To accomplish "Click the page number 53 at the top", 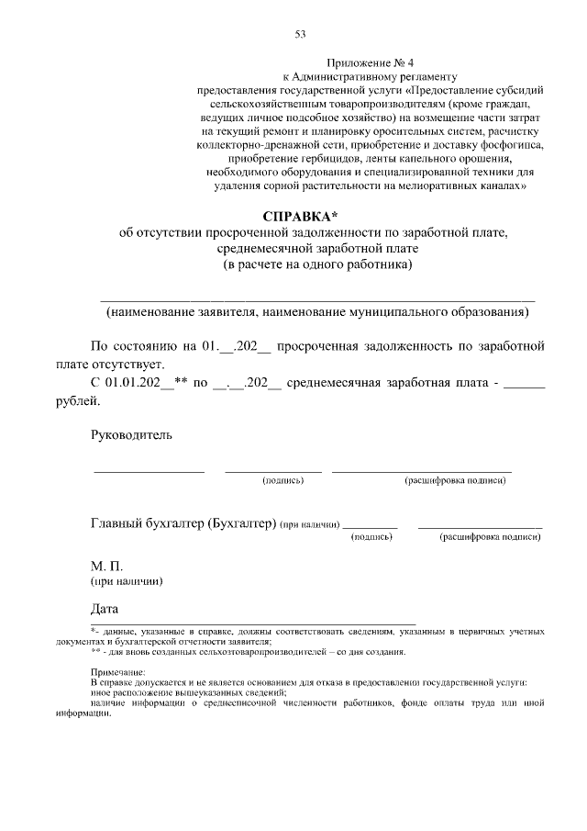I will (299, 34).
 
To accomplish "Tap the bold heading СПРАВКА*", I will (300, 218).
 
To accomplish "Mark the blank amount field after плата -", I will (525, 383).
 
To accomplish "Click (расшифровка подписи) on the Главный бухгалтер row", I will (490, 536).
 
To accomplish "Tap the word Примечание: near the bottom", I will (118, 673).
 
